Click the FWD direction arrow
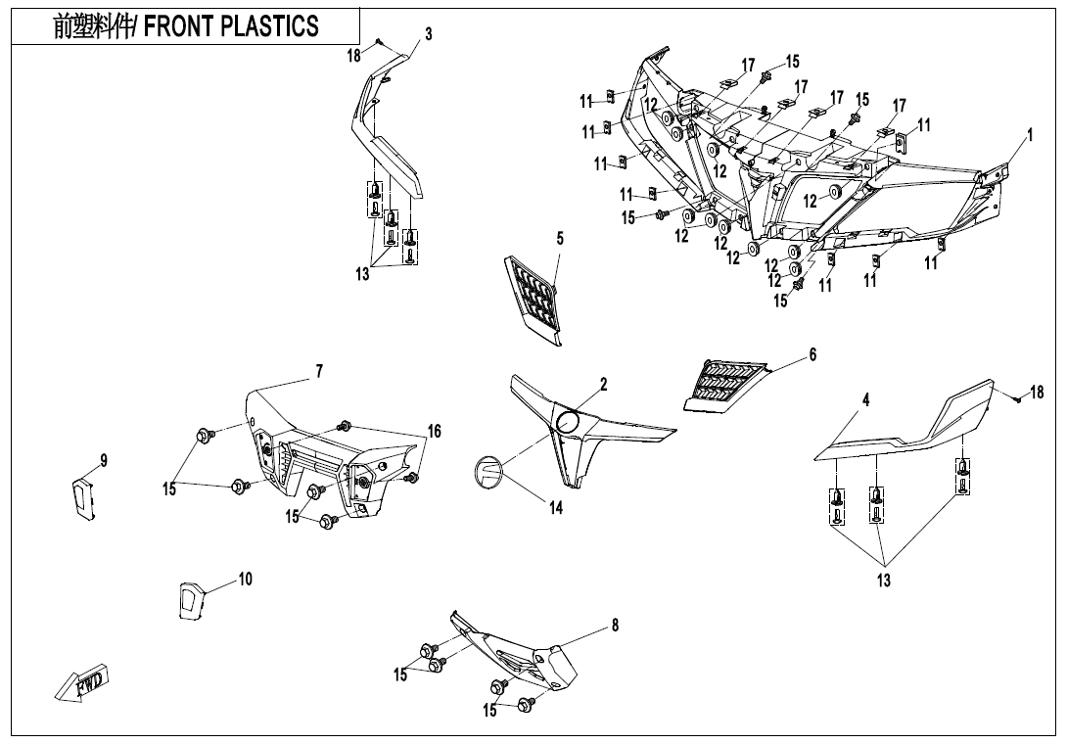[x=83, y=682]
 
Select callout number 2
[x=604, y=385]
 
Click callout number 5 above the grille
[x=560, y=238]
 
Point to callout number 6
[x=812, y=355]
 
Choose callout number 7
[x=319, y=371]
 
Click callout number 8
[x=615, y=626]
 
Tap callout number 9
[x=104, y=460]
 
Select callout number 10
[x=245, y=579]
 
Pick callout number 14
[x=556, y=508]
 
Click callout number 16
[x=434, y=431]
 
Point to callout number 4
[x=865, y=399]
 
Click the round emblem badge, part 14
[x=487, y=471]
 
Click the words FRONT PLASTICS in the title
[x=231, y=25]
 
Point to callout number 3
[x=428, y=34]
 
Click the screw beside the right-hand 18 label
[x=1017, y=398]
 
